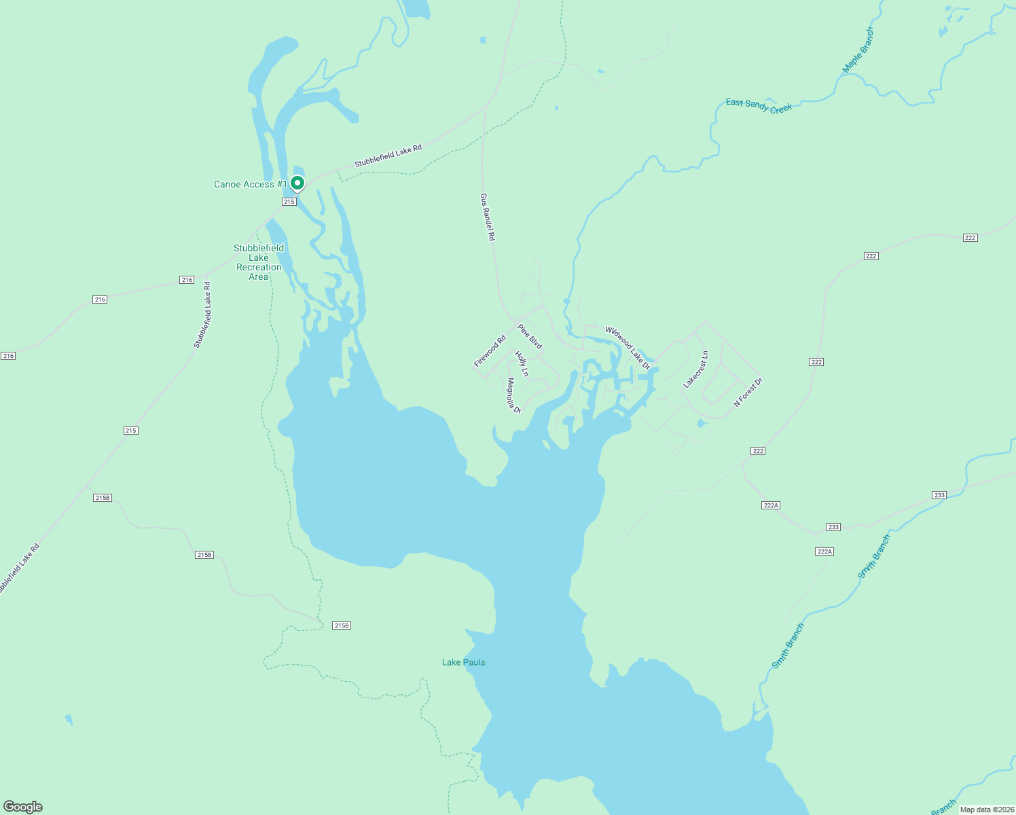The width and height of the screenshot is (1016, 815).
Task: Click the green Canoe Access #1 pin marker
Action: coord(297,183)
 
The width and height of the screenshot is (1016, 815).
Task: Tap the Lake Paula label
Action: coord(463,662)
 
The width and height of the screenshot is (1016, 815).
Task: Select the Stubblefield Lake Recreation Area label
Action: coord(259,262)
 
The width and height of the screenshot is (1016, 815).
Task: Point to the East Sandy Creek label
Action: coord(759,106)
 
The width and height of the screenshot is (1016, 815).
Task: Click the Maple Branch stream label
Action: coord(858,50)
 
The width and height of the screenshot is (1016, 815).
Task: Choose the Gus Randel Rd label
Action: coord(488,217)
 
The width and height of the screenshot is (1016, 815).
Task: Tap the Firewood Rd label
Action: coord(490,351)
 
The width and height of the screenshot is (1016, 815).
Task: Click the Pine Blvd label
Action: coord(530,336)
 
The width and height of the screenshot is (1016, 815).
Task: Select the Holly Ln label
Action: coord(522,363)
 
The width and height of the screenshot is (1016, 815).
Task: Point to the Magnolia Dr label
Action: coord(513,395)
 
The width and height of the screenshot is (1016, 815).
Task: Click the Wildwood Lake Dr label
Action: coord(628,348)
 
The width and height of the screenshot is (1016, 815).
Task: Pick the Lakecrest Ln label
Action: coord(695,369)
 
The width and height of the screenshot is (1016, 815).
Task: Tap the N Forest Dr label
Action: coord(748,392)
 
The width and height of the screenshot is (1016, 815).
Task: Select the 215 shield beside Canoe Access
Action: coord(289,202)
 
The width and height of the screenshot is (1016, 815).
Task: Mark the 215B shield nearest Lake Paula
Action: coord(342,626)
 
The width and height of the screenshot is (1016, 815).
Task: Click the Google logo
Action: coord(23,807)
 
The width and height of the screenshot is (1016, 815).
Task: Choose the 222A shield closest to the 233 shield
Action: coord(824,551)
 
